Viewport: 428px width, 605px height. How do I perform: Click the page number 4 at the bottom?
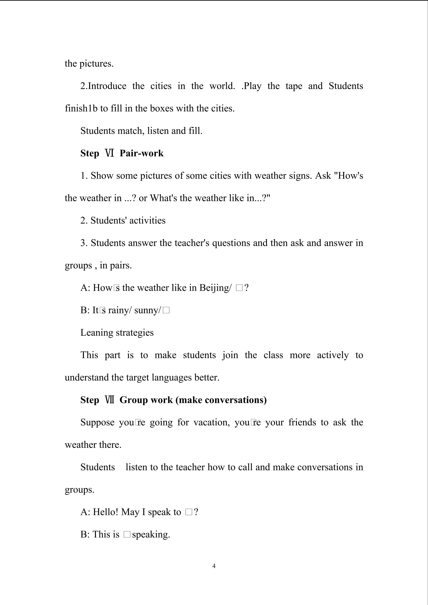pyautogui.click(x=214, y=566)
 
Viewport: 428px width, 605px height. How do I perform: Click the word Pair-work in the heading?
pyautogui.click(x=141, y=153)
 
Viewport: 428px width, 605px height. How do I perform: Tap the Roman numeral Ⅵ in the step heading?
pyautogui.click(x=109, y=153)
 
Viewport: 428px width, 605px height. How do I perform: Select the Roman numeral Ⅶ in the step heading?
pyautogui.click(x=109, y=400)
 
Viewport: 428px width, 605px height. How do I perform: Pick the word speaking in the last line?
pyautogui.click(x=151, y=534)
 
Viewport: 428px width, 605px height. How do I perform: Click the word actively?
pyautogui.click(x=332, y=355)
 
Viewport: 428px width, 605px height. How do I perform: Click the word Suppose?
pyautogui.click(x=97, y=422)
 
